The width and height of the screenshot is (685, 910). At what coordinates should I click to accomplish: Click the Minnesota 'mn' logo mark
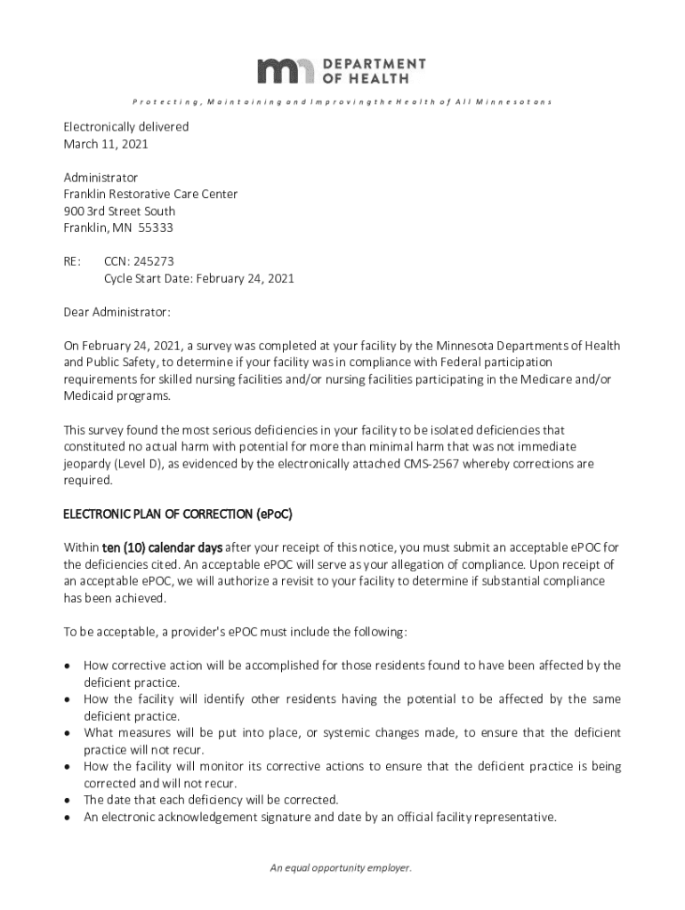(x=286, y=70)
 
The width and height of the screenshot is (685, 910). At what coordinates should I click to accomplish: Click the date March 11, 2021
(x=105, y=143)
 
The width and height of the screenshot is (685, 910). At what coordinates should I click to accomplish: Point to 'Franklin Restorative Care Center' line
(x=150, y=194)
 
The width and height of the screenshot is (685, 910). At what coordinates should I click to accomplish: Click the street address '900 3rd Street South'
(x=119, y=211)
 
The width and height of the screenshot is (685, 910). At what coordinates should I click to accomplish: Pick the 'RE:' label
(x=71, y=261)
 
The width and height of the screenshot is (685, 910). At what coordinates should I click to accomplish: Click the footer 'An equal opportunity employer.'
(x=342, y=868)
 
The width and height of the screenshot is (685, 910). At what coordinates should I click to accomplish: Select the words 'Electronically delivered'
(x=125, y=126)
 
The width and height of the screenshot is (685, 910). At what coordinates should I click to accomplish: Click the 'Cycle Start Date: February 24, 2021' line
(x=198, y=278)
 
